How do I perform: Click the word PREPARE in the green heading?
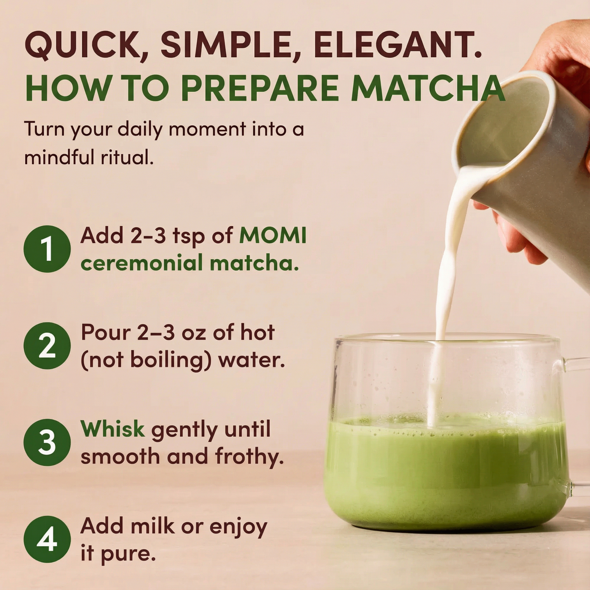pos(260,88)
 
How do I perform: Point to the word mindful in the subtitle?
pos(53,157)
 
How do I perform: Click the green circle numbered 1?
pos(47,249)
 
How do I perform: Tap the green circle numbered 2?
pos(47,345)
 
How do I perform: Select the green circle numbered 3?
pos(47,442)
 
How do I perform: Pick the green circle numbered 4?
pos(47,539)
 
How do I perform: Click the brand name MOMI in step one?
pos(273,236)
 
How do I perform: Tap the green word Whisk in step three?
pos(113,429)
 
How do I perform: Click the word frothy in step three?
pos(249,456)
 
